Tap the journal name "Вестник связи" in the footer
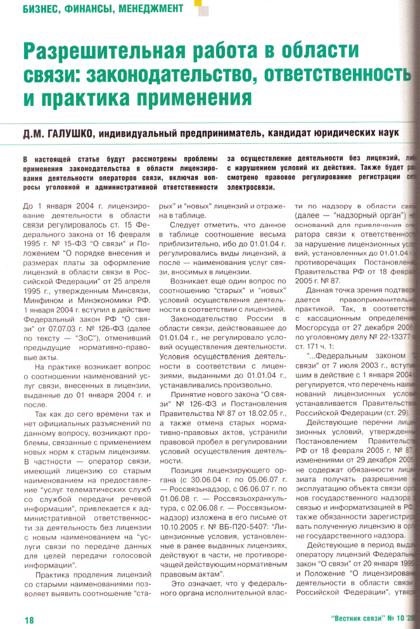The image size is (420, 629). click(358, 618)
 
